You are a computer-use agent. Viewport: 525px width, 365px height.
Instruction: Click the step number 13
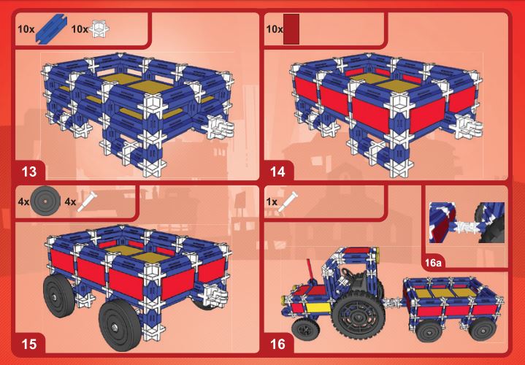tap(28, 172)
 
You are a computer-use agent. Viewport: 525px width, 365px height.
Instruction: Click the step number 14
tap(277, 172)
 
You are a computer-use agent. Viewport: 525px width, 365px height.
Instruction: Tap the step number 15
tap(28, 344)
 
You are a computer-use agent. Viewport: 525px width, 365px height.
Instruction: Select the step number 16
tap(277, 344)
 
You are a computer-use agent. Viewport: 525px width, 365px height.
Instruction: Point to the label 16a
tap(433, 263)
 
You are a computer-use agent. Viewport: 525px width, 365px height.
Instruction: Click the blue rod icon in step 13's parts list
tap(51, 28)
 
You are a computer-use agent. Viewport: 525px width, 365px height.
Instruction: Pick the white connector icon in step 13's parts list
tap(99, 28)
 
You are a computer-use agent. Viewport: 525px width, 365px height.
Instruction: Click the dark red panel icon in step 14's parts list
tap(291, 29)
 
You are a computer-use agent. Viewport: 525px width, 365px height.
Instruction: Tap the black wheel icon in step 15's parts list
tap(45, 201)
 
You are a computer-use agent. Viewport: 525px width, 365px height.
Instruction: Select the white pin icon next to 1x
tap(287, 201)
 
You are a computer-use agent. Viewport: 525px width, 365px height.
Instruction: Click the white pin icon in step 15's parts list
tap(87, 201)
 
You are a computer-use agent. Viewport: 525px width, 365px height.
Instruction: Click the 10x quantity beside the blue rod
tap(26, 29)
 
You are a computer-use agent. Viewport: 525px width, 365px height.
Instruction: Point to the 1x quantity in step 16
tap(272, 202)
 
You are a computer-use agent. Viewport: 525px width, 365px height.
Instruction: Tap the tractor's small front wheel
tap(305, 329)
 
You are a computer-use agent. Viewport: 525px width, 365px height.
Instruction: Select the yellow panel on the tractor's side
tap(318, 307)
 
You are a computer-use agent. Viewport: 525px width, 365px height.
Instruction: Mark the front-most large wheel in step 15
tap(120, 325)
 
